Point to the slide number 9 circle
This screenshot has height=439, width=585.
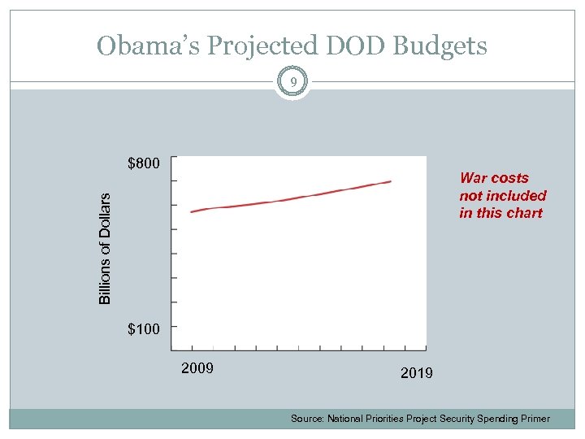292,81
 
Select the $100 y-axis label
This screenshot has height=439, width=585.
145,329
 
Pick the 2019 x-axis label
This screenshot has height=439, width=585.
417,373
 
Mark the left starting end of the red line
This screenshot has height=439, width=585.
192,211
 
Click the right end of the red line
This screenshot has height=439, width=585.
391,181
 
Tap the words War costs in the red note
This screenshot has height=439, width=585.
494,178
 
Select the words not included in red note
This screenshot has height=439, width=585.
502,196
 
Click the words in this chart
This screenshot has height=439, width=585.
500,213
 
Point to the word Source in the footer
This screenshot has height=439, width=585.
307,419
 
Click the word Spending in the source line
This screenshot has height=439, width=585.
498,419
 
